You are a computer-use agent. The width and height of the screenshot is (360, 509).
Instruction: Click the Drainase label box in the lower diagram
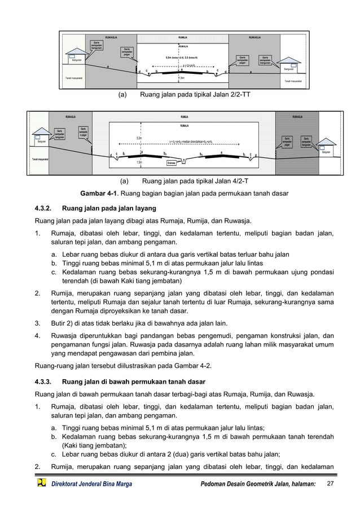(x=172, y=163)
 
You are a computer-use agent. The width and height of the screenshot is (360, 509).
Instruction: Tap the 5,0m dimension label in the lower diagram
(x=139, y=138)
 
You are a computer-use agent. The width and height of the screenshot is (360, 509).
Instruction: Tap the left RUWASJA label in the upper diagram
(x=112, y=37)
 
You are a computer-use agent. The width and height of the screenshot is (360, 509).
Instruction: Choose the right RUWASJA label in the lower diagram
(x=297, y=117)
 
